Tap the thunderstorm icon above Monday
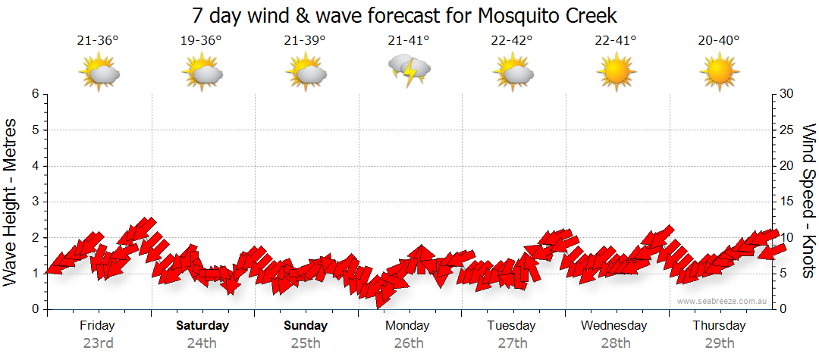tap(409, 70)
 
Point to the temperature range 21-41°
tap(409, 41)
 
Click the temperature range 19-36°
tap(201, 41)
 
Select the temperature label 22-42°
tap(512, 41)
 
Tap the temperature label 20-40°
tap(719, 41)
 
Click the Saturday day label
tap(202, 326)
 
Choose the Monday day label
tap(407, 326)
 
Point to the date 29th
tap(720, 343)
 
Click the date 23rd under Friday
tap(98, 343)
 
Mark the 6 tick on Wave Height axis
tap(34, 94)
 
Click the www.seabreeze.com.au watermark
tap(723, 302)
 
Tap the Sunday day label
tap(306, 326)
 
